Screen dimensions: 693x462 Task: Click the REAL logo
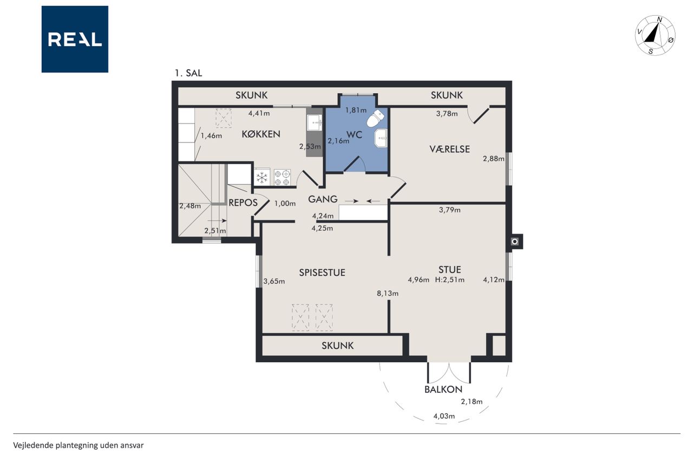(75, 39)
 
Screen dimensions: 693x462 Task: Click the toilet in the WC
(376, 118)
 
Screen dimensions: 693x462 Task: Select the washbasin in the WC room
(381, 138)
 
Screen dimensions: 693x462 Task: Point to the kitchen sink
(315, 122)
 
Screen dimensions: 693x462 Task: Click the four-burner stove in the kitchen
(282, 177)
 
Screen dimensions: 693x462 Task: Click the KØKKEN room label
(261, 134)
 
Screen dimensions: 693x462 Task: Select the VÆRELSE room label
(449, 149)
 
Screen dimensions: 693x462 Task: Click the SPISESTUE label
(322, 272)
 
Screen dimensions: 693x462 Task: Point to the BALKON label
(443, 389)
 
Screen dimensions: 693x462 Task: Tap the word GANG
(323, 199)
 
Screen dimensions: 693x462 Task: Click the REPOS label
(243, 203)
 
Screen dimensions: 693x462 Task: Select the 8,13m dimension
(387, 294)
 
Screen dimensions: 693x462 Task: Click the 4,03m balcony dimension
(444, 416)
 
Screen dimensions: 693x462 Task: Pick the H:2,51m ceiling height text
(449, 279)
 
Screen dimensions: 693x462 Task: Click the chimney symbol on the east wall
(514, 242)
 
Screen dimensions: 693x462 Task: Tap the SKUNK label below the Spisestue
(337, 346)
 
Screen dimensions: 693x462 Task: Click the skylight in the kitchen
(224, 118)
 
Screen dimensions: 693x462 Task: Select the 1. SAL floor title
(188, 73)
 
